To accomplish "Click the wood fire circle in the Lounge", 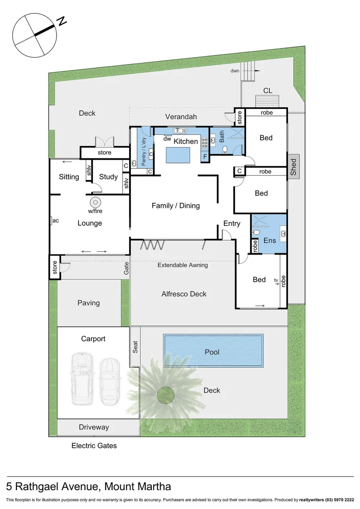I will (x=95, y=203).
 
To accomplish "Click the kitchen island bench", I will (x=177, y=155).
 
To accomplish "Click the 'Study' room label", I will (x=108, y=177).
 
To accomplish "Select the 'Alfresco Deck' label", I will (x=184, y=294).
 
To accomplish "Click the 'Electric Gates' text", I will (x=94, y=445).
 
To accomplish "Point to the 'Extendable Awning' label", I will (x=182, y=265).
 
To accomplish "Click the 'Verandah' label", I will (x=181, y=116).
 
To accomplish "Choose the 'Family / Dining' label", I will (x=175, y=205).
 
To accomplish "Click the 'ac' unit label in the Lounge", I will (x=56, y=220).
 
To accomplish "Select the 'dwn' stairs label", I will (x=235, y=71).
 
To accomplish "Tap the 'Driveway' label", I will (x=94, y=427).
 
